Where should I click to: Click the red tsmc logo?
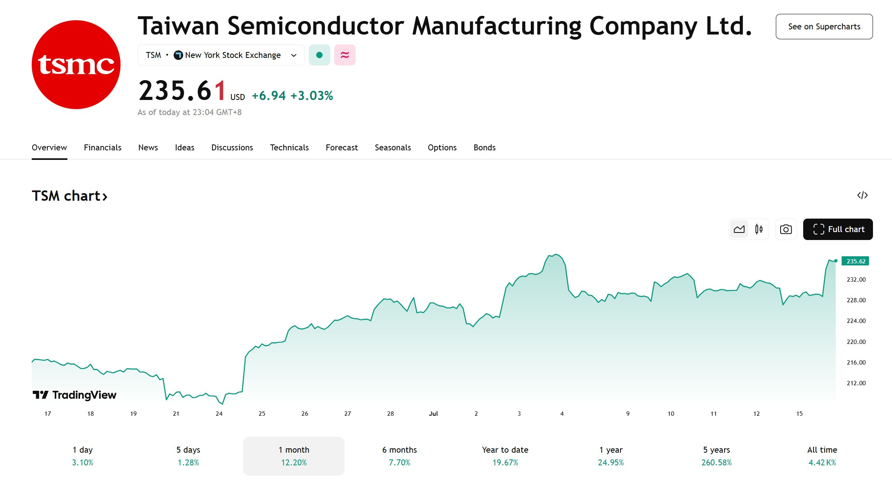[x=76, y=65]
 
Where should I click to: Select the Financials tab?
[x=103, y=148]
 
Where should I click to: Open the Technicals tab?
[x=289, y=148]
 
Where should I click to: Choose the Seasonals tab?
[x=393, y=148]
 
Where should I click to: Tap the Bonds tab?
[x=484, y=148]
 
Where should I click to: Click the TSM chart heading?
[x=70, y=196]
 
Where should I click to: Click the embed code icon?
[x=862, y=195]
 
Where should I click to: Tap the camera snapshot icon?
[x=786, y=229]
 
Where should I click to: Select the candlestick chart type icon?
[x=759, y=229]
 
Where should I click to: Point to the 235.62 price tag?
[x=855, y=261]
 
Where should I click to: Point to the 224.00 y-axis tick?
[x=856, y=321]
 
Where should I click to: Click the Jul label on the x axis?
[x=433, y=413]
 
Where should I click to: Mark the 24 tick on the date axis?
[x=219, y=413]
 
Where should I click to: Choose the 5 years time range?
[x=716, y=456]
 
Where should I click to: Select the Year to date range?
[x=505, y=456]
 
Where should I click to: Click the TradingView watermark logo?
[x=75, y=395]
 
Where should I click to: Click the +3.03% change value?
[x=312, y=96]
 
